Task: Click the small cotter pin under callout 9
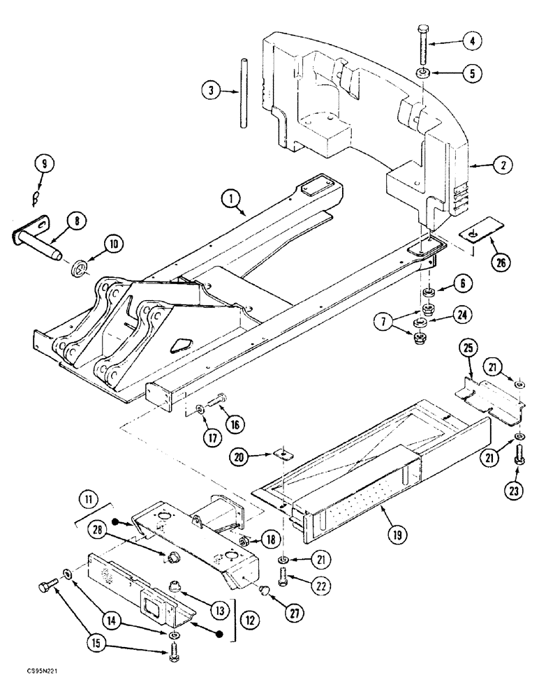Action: click(39, 198)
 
